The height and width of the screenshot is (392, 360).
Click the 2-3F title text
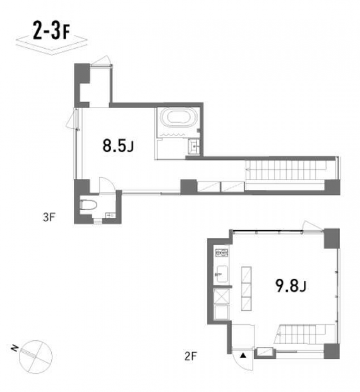[51, 31]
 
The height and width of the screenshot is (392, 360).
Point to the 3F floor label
[49, 217]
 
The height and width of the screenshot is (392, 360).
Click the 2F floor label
[190, 356]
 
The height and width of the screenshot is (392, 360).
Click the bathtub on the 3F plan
[179, 119]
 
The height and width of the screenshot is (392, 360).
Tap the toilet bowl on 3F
[88, 205]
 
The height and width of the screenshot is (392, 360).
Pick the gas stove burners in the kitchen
[222, 253]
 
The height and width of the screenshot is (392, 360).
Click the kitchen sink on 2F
[222, 274]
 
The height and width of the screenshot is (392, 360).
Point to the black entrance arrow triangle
[243, 355]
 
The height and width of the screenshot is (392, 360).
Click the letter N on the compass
[14, 347]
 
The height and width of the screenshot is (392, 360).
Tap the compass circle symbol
[36, 357]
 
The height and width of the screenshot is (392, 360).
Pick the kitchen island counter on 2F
[246, 289]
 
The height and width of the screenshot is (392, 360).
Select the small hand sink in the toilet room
[111, 215]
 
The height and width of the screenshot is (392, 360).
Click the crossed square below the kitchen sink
[221, 296]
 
